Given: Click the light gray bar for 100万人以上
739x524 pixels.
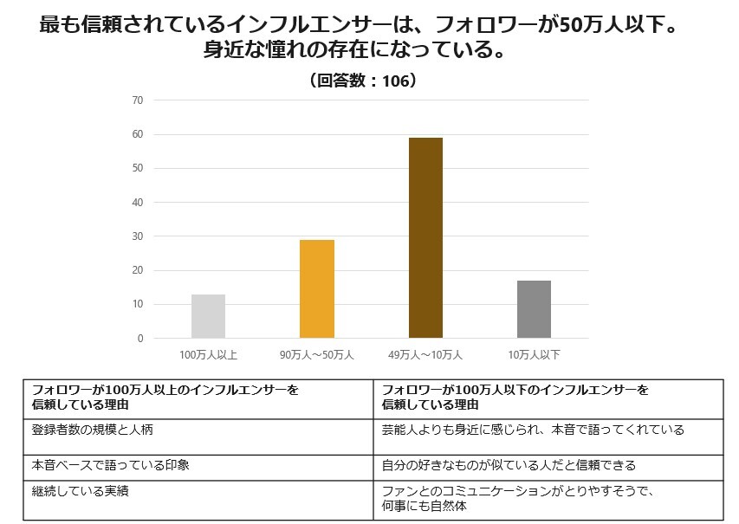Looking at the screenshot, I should point(208,316).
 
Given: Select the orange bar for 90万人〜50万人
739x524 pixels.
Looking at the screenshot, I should point(317,288).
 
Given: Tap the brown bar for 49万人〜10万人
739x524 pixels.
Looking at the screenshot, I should point(425,237).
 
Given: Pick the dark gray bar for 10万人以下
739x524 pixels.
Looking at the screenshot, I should point(534,309).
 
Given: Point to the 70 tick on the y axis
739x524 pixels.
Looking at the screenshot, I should point(138,100).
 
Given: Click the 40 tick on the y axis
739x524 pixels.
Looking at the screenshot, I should point(138,203).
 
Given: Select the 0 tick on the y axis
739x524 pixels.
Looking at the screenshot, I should point(140,339).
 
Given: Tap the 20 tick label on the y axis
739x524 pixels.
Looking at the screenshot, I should point(138,270).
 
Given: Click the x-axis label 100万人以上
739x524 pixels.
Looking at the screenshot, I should point(208,354).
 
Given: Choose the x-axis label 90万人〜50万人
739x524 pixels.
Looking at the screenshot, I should point(317,354).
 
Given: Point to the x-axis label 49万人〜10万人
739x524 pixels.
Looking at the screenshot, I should point(425,354).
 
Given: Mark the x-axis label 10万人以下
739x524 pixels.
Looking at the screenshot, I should point(534,354).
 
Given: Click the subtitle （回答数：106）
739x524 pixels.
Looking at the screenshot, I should point(363,81).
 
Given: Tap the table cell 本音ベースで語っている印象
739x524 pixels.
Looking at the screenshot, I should point(111,465).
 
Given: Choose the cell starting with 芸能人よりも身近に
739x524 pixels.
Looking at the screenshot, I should point(532,430).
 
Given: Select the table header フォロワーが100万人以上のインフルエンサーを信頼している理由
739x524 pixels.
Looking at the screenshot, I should point(165,398).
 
